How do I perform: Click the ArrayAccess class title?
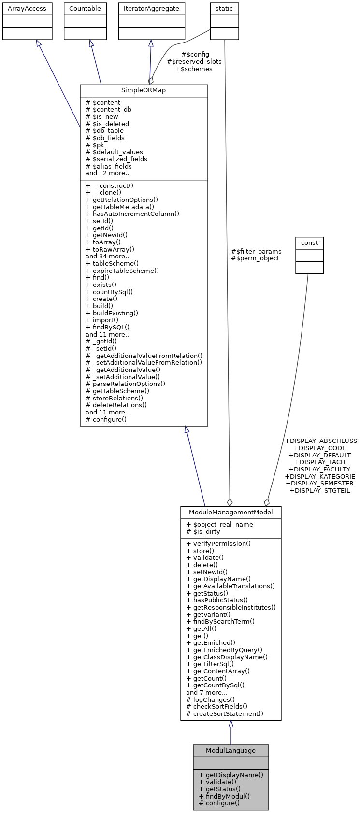tap(27, 9)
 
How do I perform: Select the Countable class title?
tap(85, 9)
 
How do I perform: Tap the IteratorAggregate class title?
tap(151, 9)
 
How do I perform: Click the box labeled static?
tap(224, 9)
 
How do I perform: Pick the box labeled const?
tap(309, 243)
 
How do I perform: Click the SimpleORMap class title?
tap(144, 91)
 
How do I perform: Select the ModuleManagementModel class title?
tap(230, 513)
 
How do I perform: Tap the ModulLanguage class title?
tap(230, 751)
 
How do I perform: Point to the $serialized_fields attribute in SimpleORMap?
tap(116, 159)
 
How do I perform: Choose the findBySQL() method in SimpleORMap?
tap(107, 327)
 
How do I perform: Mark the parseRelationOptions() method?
tap(125, 384)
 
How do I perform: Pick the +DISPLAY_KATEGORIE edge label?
tap(320, 476)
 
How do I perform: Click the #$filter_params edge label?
tap(256, 251)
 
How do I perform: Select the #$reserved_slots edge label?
tap(194, 62)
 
